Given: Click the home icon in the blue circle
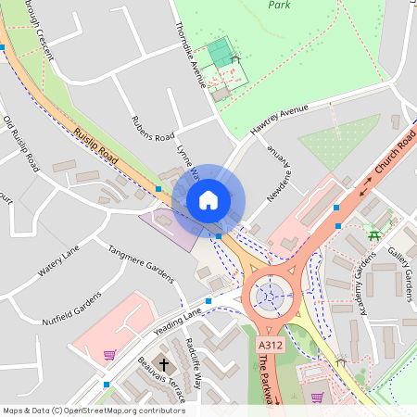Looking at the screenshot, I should tap(208, 199).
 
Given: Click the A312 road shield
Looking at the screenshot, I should tap(270, 345).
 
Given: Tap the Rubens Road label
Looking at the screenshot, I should tap(152, 129).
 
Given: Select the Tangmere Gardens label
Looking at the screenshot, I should tap(141, 263).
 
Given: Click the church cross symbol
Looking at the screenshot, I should tap(164, 364).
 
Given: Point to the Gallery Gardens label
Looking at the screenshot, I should tap(400, 268).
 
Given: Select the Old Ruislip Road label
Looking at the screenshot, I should tap(20, 145).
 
